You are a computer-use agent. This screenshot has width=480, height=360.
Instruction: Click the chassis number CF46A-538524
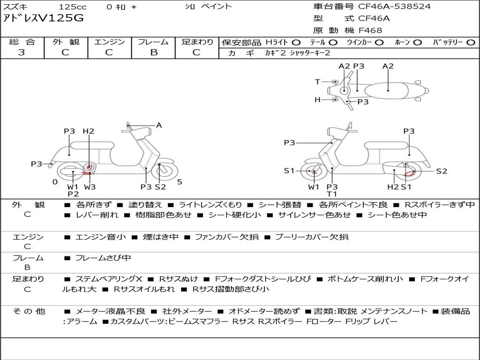(x=394, y=7)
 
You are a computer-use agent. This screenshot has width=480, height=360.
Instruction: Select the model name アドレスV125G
(x=43, y=18)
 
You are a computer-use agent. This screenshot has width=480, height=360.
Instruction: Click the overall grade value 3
(x=22, y=52)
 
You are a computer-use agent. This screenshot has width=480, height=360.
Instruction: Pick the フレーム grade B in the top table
(x=154, y=52)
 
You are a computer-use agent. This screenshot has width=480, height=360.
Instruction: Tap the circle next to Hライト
(x=296, y=43)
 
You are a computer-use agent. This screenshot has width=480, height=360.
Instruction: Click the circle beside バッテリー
(x=471, y=43)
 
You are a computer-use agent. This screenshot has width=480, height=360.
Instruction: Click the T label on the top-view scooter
(x=317, y=82)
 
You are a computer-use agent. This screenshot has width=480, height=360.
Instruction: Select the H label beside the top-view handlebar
(x=317, y=99)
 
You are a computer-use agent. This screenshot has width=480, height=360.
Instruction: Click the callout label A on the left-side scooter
(x=159, y=125)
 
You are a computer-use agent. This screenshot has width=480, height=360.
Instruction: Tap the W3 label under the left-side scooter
(x=90, y=187)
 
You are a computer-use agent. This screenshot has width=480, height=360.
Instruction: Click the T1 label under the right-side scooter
(x=332, y=194)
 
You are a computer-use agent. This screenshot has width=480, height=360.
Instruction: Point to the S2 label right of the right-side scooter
(x=442, y=171)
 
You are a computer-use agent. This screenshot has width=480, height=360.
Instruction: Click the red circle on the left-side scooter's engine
(x=89, y=167)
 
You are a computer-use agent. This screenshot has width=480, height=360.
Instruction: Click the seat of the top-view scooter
(x=387, y=91)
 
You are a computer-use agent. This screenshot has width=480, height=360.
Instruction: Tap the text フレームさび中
(x=103, y=258)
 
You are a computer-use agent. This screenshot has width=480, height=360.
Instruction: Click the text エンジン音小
(x=100, y=237)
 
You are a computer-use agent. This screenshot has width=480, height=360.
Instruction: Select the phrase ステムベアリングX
(x=109, y=279)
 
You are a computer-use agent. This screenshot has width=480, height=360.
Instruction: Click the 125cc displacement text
(x=73, y=7)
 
